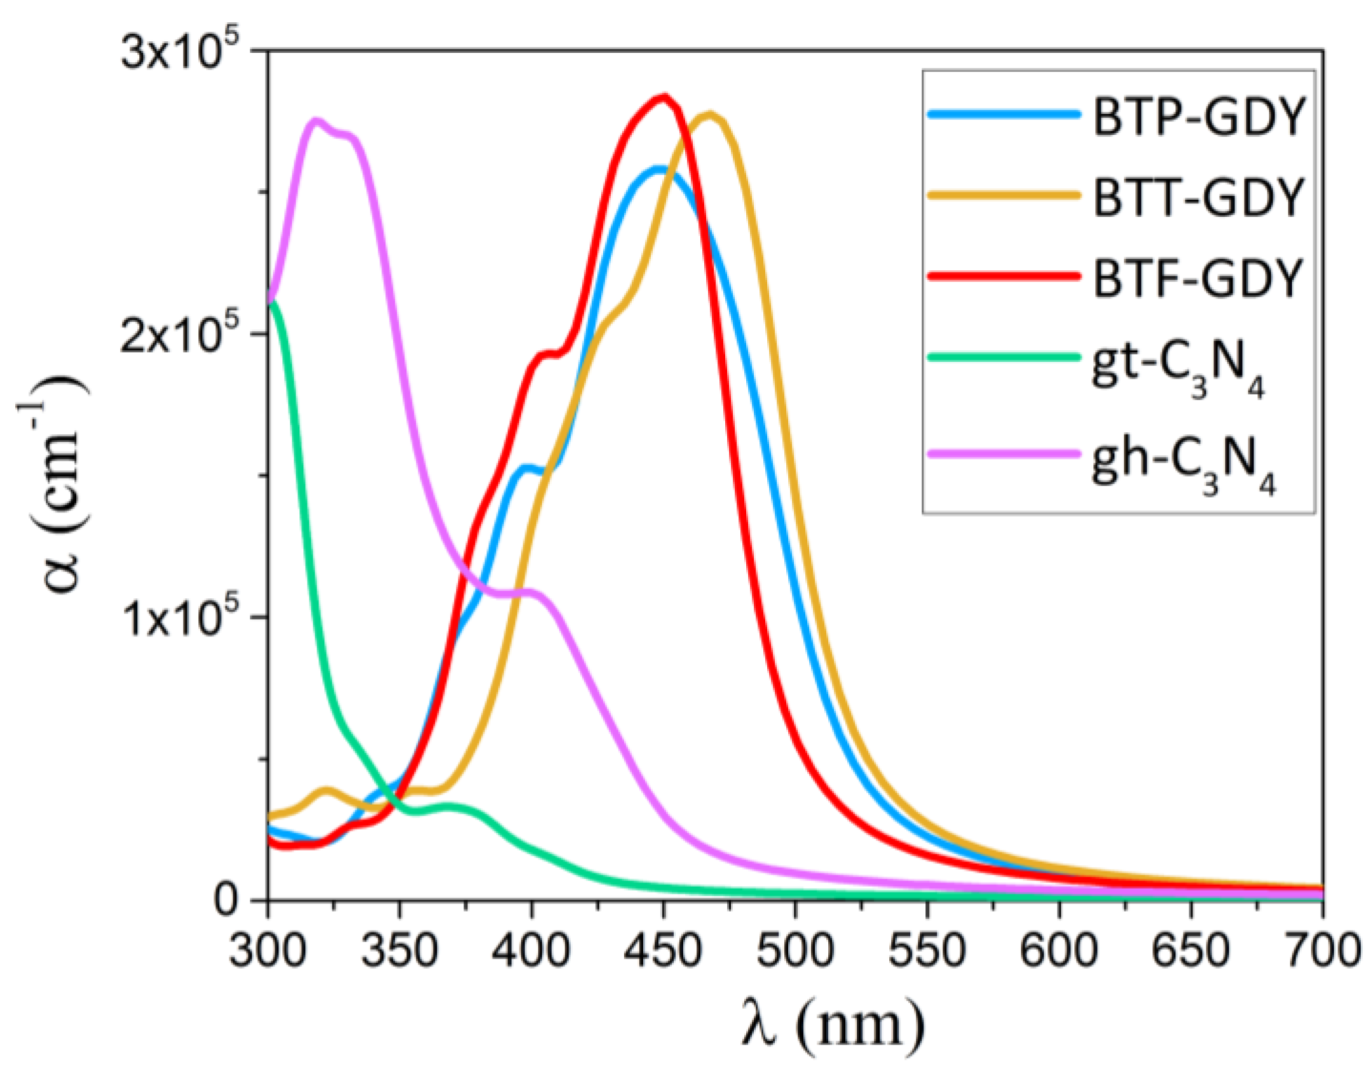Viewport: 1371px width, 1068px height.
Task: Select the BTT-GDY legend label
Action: coord(1197,197)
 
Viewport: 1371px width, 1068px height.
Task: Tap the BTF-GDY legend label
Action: coord(1197,278)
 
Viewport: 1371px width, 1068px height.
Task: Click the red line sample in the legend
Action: coord(1004,276)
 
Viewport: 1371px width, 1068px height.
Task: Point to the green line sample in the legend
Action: coord(1004,357)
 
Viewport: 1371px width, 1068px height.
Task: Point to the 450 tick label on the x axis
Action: coord(664,950)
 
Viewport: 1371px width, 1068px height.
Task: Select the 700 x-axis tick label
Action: coord(1322,950)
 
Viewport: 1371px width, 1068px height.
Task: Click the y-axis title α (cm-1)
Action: coord(54,483)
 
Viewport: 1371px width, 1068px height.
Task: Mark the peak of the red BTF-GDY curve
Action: coord(664,97)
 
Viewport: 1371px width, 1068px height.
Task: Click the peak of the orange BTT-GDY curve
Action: coord(711,115)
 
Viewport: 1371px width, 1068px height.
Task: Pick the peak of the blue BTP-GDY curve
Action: coord(660,169)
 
